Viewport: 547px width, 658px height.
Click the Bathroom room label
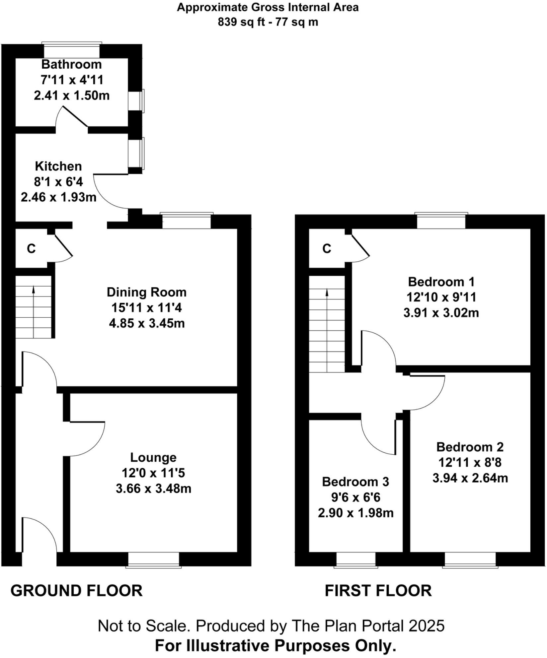(71, 64)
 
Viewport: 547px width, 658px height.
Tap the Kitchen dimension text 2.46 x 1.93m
(58, 197)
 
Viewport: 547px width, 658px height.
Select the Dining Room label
(146, 292)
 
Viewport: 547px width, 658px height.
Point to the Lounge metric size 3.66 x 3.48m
(153, 489)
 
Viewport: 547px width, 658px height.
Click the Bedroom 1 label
(441, 282)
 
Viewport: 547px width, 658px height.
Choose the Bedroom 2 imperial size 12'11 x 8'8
(469, 462)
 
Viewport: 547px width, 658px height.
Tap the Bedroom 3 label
(355, 482)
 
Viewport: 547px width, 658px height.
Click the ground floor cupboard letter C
(31, 248)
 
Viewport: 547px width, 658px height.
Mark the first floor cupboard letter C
(327, 248)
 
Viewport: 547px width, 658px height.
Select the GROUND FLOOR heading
(76, 591)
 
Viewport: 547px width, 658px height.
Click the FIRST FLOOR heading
(378, 591)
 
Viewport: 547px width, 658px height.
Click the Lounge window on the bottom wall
(153, 559)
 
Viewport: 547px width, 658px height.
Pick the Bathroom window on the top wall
(72, 50)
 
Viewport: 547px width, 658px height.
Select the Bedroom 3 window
(355, 559)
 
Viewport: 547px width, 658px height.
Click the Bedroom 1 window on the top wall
(441, 221)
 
